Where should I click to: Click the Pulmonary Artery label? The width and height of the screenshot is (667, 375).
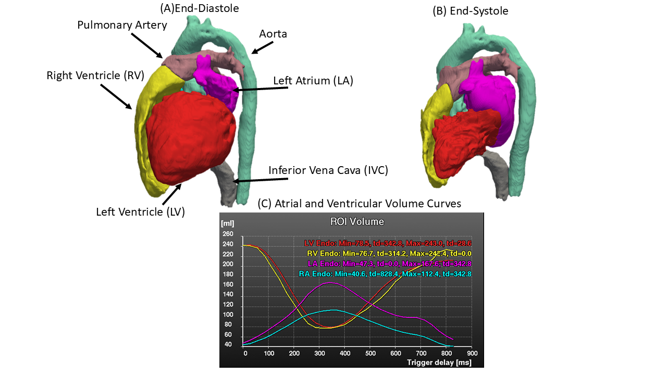click(122, 25)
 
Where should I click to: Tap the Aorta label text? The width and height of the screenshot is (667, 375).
click(273, 34)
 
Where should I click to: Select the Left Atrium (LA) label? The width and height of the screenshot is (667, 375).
click(313, 81)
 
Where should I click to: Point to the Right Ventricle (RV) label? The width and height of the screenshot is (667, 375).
click(95, 75)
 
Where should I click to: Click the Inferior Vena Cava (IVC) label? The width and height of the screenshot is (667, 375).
click(328, 170)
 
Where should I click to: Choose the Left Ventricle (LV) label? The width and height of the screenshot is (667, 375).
click(140, 212)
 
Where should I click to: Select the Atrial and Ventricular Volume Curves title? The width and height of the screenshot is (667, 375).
click(360, 204)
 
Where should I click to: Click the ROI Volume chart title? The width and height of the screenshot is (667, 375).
click(357, 221)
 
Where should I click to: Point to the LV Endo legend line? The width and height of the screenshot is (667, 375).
click(387, 243)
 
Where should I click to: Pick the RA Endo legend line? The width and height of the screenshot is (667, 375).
click(385, 274)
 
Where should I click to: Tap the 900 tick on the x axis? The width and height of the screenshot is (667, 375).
click(471, 353)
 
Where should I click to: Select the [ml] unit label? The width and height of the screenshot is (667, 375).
click(228, 223)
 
